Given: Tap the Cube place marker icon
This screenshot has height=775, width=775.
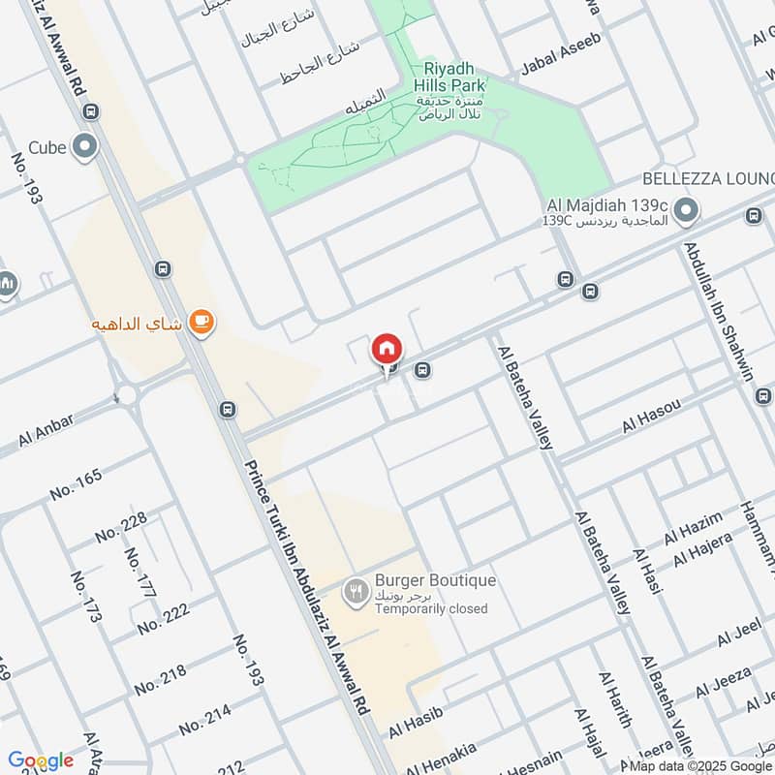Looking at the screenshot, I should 86,147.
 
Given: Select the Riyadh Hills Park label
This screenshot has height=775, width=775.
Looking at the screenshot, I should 453,76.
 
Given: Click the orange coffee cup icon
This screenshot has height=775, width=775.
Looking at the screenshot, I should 201,322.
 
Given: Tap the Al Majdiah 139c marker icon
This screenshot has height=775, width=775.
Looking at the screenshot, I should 686,209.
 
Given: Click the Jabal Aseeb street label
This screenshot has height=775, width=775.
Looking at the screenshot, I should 561,53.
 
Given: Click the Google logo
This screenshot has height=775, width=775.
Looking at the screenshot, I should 41,760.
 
